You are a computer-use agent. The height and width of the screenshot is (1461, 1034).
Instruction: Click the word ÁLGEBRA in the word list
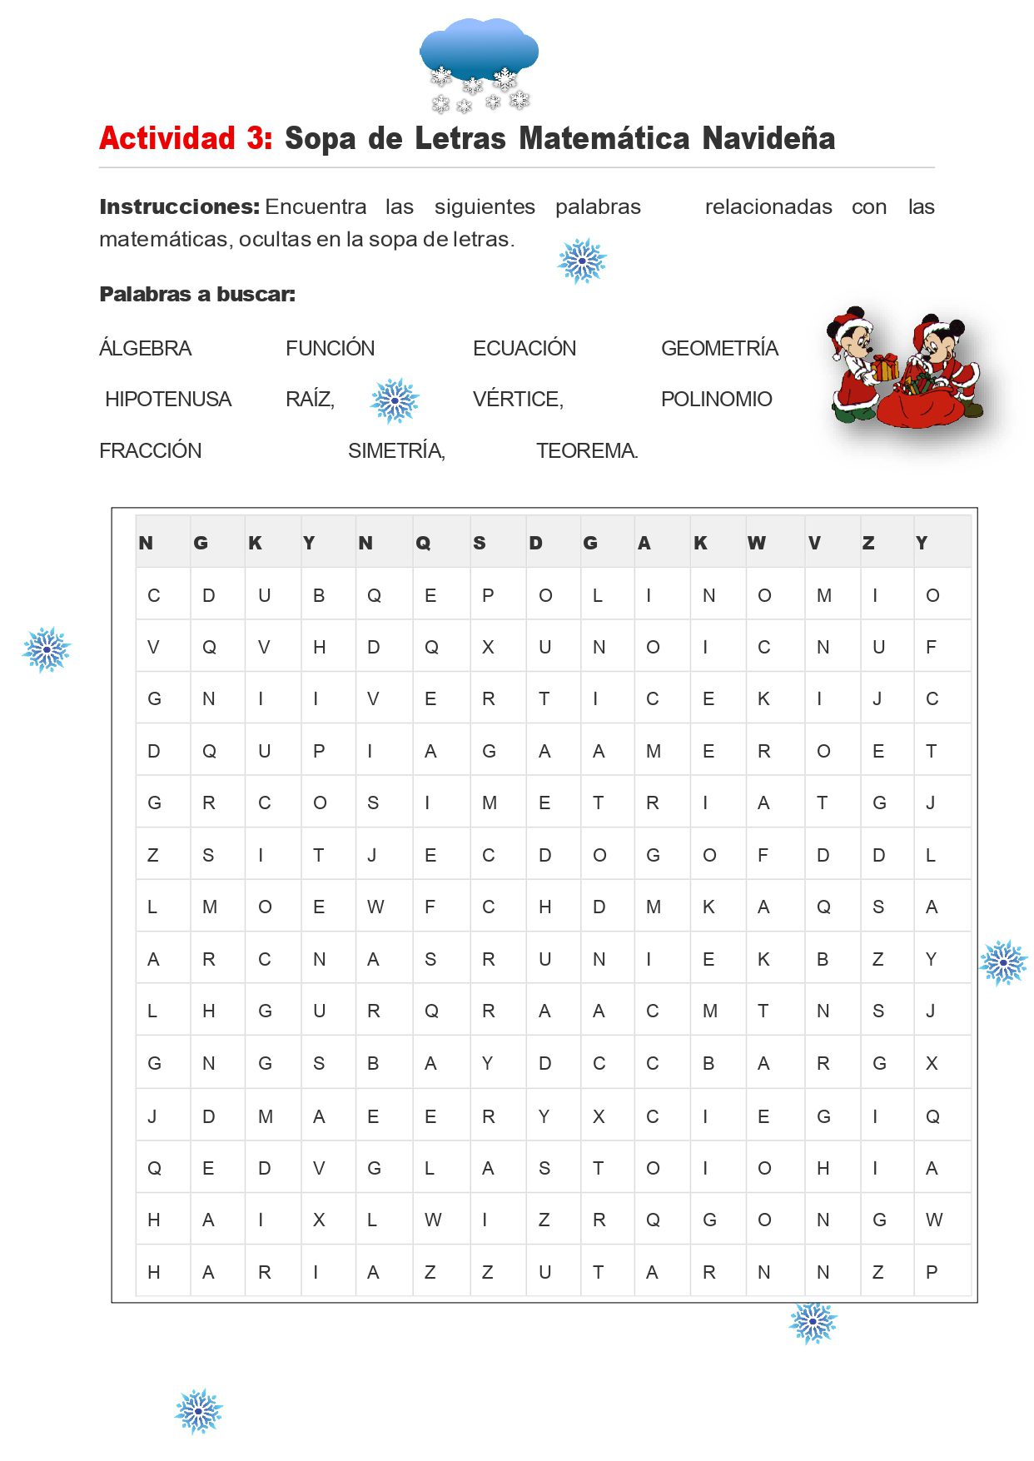click(145, 348)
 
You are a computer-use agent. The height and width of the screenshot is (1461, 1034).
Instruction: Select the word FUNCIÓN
click(330, 348)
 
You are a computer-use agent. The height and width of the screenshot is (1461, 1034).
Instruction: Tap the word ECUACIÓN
click(524, 348)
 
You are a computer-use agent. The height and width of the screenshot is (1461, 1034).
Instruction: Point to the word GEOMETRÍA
click(719, 348)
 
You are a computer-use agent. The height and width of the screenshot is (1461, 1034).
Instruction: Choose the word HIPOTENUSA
click(167, 399)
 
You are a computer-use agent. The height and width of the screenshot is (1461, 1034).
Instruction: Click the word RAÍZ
click(309, 399)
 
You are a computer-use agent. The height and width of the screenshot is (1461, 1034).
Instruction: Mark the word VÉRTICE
click(517, 399)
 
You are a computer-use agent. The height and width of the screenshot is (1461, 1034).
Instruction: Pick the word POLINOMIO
click(716, 399)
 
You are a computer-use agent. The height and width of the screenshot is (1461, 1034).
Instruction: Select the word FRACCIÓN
click(150, 450)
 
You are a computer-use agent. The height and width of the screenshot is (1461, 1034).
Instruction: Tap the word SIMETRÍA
click(395, 450)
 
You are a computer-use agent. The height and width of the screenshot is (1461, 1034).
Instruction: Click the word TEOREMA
click(586, 450)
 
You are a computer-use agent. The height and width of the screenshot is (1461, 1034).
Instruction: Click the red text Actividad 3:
click(186, 138)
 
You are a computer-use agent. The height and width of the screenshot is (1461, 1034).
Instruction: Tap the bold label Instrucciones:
click(179, 206)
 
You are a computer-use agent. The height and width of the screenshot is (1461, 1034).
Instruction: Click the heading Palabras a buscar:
click(196, 294)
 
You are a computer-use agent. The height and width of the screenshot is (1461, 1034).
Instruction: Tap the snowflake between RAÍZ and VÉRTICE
click(395, 400)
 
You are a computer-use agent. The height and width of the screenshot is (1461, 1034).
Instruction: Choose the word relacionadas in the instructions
click(768, 206)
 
